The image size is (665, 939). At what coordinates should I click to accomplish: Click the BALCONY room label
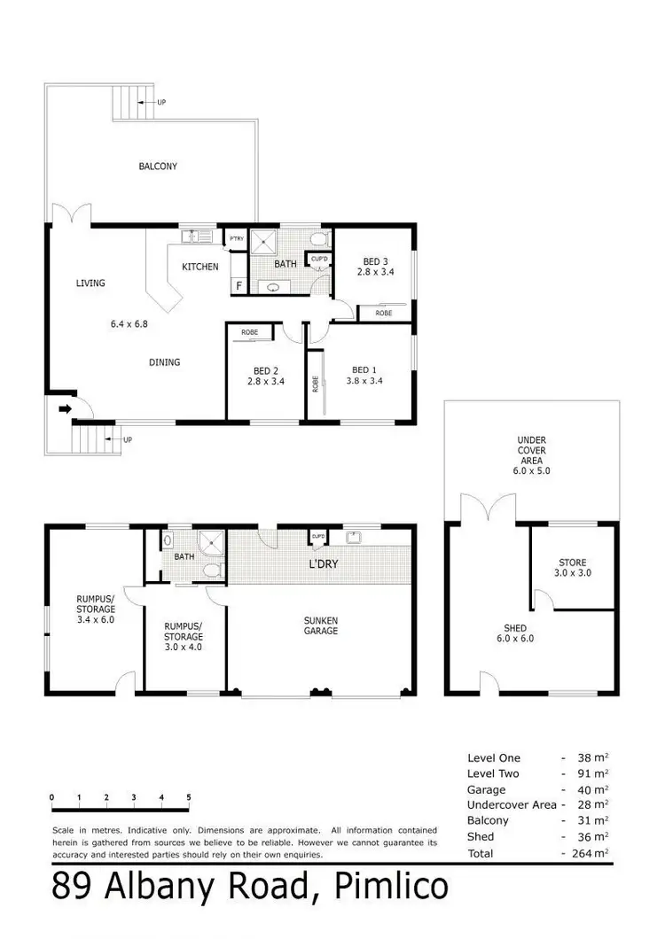tap(157, 166)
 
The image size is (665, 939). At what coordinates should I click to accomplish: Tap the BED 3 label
tap(375, 261)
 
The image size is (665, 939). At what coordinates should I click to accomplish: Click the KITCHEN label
tap(199, 266)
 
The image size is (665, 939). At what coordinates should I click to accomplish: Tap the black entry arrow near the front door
tap(64, 409)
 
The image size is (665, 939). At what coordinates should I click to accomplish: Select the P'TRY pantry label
tap(236, 239)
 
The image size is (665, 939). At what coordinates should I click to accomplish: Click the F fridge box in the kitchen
tap(238, 285)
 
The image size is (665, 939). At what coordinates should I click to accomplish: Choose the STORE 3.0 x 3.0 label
tap(572, 568)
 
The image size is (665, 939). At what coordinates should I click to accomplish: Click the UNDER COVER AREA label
tap(531, 455)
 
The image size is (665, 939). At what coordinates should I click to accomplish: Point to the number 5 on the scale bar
tap(189, 797)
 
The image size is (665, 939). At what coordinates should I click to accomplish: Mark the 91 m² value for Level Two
tap(594, 773)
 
